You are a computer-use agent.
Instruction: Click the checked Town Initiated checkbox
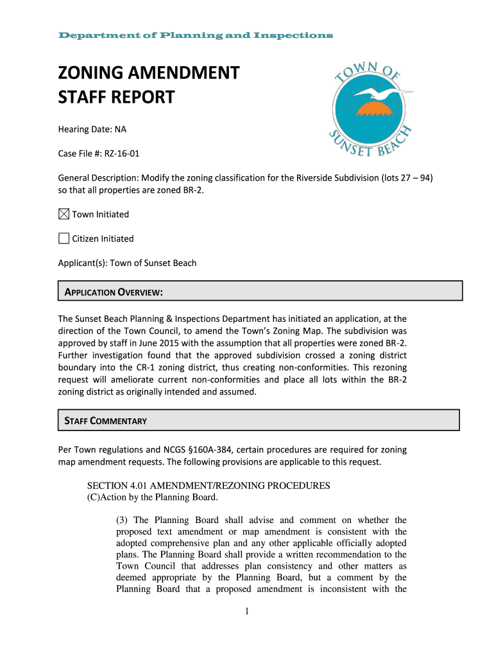pos(64,214)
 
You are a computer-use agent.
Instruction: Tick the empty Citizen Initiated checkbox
pos(64,238)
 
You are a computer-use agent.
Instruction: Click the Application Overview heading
pos(114,293)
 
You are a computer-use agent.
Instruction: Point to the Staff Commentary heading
pos(106,421)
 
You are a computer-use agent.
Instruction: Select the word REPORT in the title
pos(142,98)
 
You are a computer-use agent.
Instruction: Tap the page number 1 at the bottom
pos(246,611)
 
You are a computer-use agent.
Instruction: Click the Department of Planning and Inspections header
pos(195,35)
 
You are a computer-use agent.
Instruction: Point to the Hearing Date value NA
pos(121,129)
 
